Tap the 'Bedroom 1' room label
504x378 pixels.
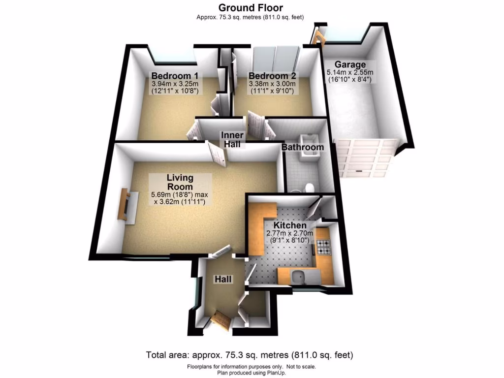coord(175,76)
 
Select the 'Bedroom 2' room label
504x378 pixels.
coord(272,76)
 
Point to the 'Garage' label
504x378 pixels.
coord(350,64)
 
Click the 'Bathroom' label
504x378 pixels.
coord(303,147)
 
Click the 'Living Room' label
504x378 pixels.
coord(180,182)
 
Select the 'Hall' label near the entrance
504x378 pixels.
coord(222,280)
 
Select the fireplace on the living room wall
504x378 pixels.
coord(126,206)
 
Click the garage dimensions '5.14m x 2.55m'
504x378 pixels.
coord(350,72)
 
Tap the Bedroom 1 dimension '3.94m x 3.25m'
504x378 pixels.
coord(175,84)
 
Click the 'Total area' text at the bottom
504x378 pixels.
coord(250,355)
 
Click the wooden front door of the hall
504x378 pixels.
coord(220,322)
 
